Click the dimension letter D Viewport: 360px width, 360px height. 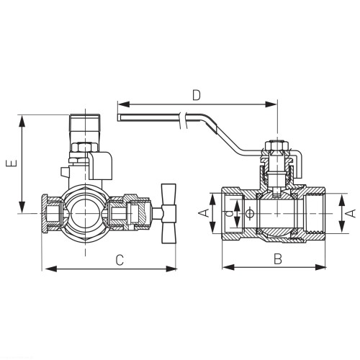[x=197, y=95]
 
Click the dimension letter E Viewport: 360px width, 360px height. [x=12, y=163]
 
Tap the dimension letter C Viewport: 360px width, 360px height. [x=120, y=260]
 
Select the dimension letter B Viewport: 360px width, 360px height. [x=278, y=259]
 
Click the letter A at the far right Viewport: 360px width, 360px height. [x=351, y=213]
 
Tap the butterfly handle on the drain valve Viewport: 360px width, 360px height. [x=169, y=213]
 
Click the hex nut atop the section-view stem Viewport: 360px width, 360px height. [x=276, y=145]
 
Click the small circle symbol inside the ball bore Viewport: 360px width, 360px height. [x=250, y=213]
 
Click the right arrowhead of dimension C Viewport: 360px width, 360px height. [x=171, y=269]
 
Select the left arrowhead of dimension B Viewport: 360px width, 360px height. [x=228, y=267]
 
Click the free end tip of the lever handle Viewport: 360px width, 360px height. [x=118, y=118]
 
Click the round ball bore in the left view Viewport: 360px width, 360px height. [x=85, y=213]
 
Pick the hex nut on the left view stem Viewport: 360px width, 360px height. [x=85, y=147]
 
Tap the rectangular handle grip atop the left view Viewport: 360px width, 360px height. [x=85, y=122]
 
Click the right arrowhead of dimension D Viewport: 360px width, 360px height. [x=271, y=104]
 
